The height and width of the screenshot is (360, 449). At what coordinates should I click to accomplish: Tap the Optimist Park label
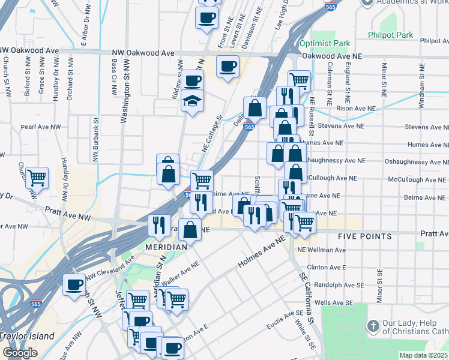[x=324, y=43]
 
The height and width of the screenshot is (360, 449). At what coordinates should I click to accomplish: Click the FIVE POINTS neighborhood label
[x=365, y=236]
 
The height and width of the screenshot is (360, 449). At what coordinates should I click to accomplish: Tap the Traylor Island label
[x=27, y=336]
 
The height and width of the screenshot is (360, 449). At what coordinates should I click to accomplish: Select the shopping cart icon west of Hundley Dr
[x=37, y=177]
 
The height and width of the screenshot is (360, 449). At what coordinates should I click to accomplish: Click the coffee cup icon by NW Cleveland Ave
[x=74, y=284]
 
